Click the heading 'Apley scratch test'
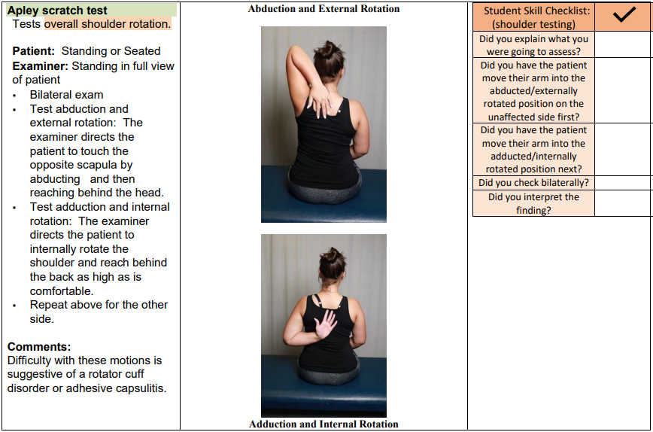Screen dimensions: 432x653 click(x=57, y=11)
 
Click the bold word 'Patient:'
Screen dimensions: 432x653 click(x=34, y=51)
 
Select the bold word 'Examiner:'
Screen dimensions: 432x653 click(x=41, y=66)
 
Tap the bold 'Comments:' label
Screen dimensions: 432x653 click(x=39, y=347)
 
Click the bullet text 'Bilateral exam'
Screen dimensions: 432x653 click(x=66, y=95)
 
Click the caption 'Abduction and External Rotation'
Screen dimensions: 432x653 click(x=323, y=9)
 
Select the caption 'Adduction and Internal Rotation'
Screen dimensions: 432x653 click(x=323, y=424)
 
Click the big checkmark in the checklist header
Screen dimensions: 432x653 click(x=623, y=16)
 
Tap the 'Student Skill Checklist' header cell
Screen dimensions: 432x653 click(x=536, y=17)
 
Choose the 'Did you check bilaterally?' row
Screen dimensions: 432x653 click(x=533, y=183)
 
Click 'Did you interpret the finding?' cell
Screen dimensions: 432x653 click(x=533, y=203)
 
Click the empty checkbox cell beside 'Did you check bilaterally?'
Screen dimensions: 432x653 click(x=623, y=183)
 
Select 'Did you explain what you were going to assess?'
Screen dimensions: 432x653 click(x=533, y=45)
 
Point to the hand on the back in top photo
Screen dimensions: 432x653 click(x=319, y=99)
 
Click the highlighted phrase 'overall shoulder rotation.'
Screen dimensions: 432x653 click(x=107, y=24)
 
